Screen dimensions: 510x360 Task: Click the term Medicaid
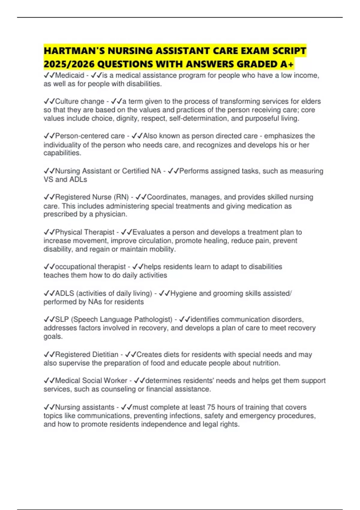70,75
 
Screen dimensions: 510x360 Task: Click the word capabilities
62,153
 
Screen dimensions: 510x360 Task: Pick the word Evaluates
148,232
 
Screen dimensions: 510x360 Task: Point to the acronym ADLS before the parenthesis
64,293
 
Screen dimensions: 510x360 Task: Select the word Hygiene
183,293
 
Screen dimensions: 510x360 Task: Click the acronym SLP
62,319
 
